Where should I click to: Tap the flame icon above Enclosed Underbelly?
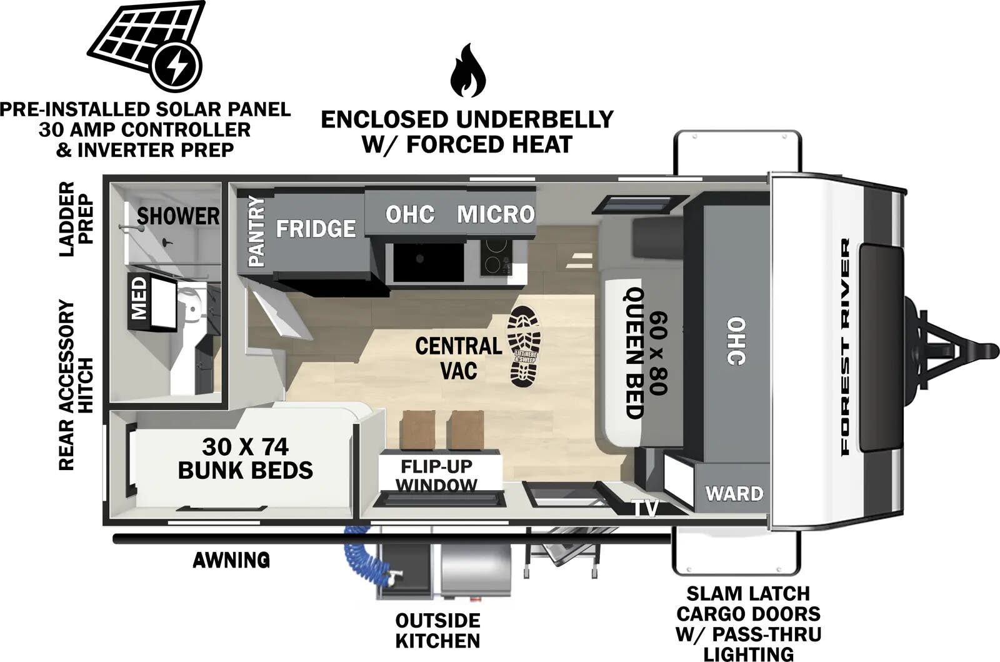(467, 71)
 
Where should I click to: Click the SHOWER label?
(178, 216)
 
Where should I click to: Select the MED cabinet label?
(139, 298)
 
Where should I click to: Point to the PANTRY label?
(256, 231)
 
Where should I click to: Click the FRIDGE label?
(316, 229)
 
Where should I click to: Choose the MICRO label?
(496, 214)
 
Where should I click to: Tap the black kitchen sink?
(428, 263)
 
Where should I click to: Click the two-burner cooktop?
(496, 257)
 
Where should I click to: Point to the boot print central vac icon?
(524, 346)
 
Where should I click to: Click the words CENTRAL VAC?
(459, 358)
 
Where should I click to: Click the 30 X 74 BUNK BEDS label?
(246, 458)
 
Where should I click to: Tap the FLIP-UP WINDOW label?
(437, 476)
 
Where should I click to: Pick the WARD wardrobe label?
(734, 494)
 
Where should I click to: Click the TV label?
(645, 508)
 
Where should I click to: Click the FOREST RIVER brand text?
(845, 347)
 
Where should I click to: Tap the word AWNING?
(231, 560)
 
